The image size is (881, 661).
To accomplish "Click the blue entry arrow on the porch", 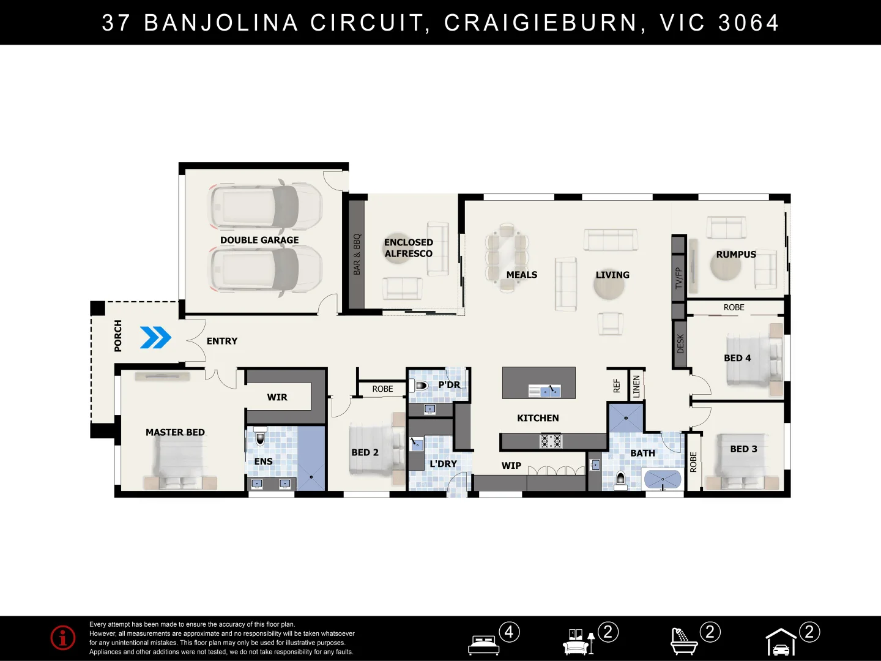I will point(155,337).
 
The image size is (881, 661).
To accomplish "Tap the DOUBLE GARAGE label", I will point(259,240).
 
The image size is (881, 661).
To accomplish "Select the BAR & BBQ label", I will point(357,254).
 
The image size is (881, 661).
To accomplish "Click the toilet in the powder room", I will point(420,386).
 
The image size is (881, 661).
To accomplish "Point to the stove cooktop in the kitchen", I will point(551,441).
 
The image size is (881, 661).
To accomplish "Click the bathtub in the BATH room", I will point(663,479).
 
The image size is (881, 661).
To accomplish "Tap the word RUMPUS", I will point(736,254).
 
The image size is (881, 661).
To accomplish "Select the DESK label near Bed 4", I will point(680,343).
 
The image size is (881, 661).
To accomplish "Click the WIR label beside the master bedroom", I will point(277,397).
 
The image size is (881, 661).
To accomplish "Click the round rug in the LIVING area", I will point(609,285).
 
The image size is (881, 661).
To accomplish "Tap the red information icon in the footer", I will point(63,638).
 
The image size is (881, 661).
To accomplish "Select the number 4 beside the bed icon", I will point(509,632).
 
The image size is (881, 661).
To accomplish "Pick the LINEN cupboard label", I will point(636,387).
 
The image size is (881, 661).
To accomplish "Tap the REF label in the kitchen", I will point(617,386).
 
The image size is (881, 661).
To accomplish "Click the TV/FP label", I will point(678,278).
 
